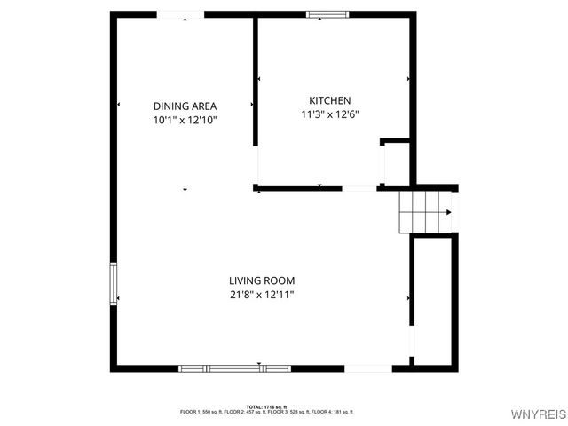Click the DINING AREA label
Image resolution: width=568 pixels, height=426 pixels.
[x=185, y=106]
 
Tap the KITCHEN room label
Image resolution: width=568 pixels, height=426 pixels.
[x=330, y=100]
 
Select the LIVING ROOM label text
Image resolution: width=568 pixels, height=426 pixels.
[x=261, y=280]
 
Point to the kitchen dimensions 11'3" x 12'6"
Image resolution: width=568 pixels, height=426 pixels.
[x=330, y=114]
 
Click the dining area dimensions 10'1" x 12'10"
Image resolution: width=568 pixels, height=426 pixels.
[x=185, y=120]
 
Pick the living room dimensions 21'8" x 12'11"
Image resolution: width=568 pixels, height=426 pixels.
[x=261, y=295]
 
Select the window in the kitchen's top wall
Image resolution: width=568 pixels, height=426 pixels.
[x=327, y=13]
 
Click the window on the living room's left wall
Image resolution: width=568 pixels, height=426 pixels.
[x=114, y=284]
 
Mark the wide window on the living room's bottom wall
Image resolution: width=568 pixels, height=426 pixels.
[x=234, y=367]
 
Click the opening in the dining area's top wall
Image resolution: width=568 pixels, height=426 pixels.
[x=180, y=13]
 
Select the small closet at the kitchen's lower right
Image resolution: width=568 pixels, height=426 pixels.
[x=396, y=163]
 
